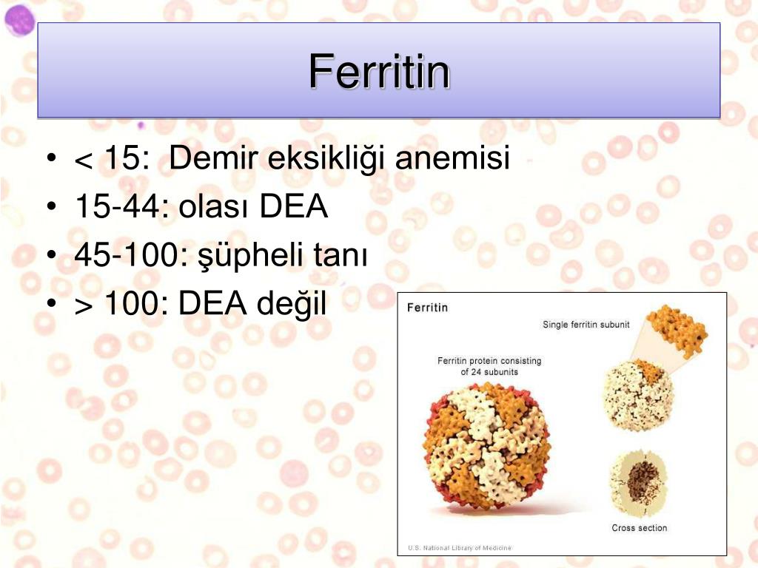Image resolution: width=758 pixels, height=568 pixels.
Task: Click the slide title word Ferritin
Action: [380, 72]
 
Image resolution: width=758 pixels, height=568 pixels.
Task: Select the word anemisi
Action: [452, 158]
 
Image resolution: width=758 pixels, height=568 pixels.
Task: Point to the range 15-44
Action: [123, 206]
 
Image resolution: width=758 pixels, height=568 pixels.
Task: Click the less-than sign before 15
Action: [84, 161]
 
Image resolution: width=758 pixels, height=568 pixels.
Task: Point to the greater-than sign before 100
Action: [84, 307]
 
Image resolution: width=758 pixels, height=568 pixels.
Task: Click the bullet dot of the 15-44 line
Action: [52, 207]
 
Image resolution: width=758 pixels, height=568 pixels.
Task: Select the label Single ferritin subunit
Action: [586, 325]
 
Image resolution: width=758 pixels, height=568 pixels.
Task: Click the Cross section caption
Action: [639, 528]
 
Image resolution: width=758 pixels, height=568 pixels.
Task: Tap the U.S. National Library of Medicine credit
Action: [459, 548]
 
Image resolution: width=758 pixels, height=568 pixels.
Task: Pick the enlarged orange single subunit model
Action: [679, 331]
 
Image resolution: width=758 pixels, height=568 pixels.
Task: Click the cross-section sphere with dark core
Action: [639, 483]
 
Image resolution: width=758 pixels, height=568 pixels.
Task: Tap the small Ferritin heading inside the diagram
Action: [427, 308]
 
